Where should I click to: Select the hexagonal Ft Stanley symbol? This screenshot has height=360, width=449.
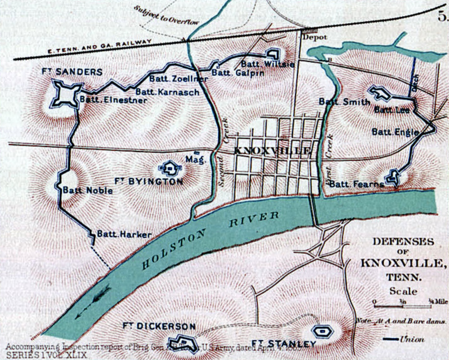click(322, 331)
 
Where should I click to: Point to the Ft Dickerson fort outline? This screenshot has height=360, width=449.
click(182, 341)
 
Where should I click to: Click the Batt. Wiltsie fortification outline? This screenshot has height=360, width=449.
click(273, 54)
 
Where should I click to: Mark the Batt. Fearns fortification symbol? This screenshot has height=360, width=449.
click(393, 177)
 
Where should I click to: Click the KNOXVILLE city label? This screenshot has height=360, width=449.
click(272, 151)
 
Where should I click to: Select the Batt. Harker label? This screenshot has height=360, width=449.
click(124, 234)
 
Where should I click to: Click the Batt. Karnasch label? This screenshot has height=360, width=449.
click(167, 92)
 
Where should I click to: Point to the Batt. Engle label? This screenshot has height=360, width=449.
click(395, 132)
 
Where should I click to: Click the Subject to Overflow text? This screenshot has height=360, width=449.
click(166, 15)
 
